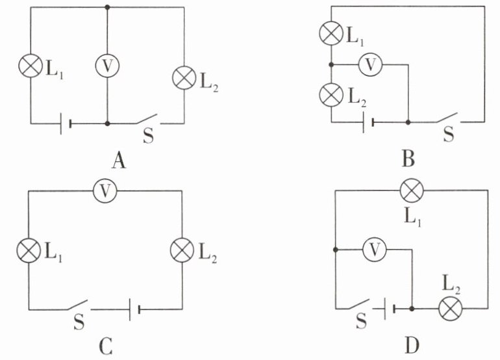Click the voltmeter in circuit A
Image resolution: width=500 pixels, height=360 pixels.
point(107,66)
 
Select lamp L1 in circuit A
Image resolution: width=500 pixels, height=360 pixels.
point(31,66)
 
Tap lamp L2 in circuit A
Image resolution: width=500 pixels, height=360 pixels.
point(184,78)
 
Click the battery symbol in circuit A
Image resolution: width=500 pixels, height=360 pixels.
point(66,123)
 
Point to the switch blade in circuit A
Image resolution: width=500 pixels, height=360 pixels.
point(147,119)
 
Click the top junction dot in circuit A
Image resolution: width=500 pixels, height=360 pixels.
point(107,6)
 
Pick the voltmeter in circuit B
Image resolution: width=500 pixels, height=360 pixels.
point(371,65)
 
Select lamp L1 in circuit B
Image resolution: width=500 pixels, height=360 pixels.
point(332,34)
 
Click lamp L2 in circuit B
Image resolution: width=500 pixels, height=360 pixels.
point(332,95)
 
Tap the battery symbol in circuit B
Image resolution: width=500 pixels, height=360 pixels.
point(368,122)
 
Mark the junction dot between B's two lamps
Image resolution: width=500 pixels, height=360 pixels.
point(332,65)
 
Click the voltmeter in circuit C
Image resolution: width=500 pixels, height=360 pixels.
point(105,191)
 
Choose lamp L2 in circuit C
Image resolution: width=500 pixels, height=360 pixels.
point(182,250)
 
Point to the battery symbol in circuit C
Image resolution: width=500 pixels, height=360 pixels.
point(134,309)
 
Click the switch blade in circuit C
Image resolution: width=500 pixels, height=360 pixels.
point(77,305)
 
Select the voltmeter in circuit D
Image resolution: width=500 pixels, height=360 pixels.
point(375,250)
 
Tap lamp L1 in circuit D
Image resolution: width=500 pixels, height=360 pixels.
point(412,190)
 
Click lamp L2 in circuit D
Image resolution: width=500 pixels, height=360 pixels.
point(450,309)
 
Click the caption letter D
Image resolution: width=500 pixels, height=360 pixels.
point(412,345)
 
